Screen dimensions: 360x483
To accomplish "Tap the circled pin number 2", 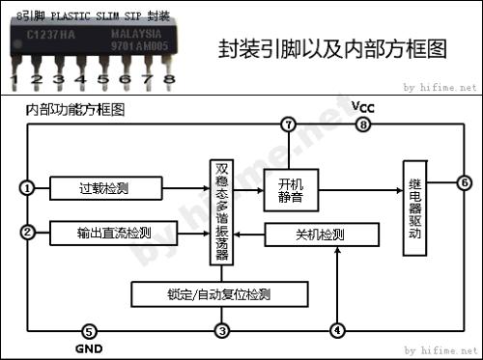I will click(28, 232).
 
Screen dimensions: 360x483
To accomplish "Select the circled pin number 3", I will click(222, 331).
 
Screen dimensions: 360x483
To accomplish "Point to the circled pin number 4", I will click(336, 331).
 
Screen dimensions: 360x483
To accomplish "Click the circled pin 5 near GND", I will click(90, 331).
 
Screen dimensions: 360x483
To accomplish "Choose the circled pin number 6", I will click(464, 182).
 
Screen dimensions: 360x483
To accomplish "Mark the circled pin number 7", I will click(286, 125).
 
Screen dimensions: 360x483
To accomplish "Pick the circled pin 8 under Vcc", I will click(363, 125).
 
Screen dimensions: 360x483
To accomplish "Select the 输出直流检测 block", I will click(114, 233).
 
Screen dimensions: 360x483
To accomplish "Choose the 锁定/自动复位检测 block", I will click(218, 291).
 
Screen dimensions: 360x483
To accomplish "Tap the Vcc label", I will click(363, 106).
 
